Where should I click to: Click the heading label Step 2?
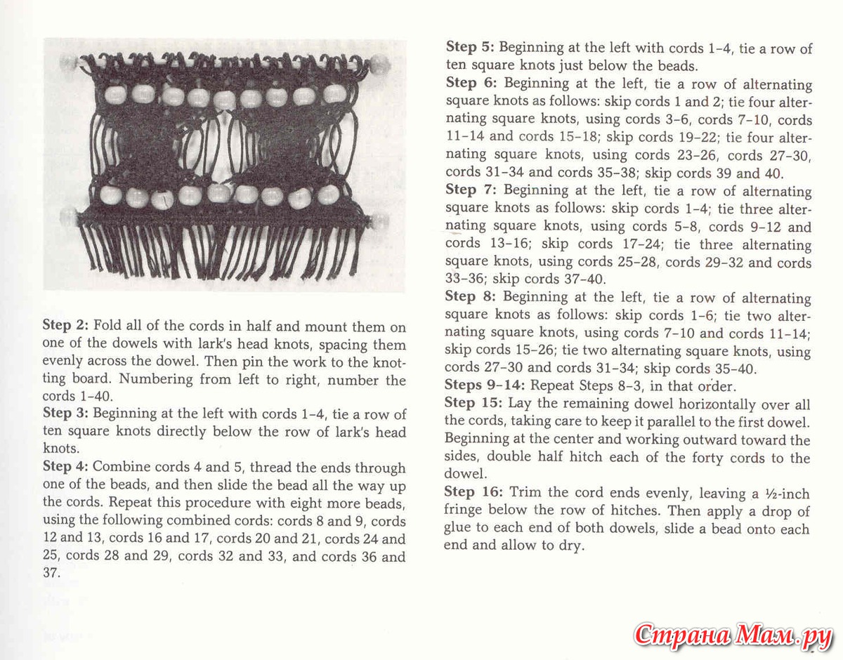(x=66, y=326)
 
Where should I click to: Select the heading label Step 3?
(x=66, y=414)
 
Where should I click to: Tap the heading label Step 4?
(x=66, y=467)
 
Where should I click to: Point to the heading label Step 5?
(x=470, y=48)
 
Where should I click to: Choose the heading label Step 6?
(x=470, y=84)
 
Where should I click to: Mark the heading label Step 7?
(x=470, y=190)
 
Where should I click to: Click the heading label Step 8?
(x=470, y=297)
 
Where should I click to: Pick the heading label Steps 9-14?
(x=485, y=385)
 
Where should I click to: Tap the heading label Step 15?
(x=473, y=404)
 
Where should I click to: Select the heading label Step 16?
(x=473, y=492)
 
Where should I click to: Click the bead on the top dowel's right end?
(x=380, y=65)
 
